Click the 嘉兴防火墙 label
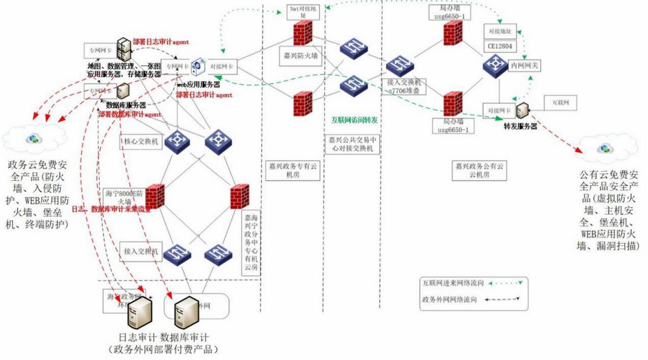[302, 55]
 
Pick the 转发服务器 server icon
[522, 110]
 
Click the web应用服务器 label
[199, 85]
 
